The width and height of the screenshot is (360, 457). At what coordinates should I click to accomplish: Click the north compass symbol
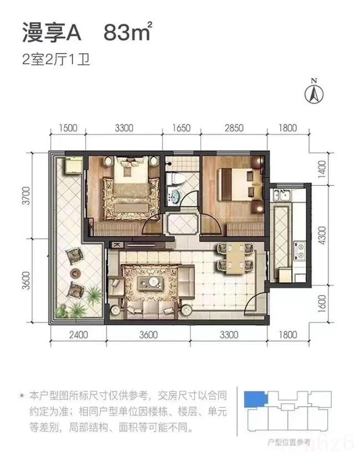[313, 92]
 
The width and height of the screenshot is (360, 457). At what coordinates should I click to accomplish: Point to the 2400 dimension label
[78, 334]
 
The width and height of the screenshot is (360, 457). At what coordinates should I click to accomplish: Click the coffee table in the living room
[151, 283]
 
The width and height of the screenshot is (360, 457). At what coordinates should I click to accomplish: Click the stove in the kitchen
[300, 250]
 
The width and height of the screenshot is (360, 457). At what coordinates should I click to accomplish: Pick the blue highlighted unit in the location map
[253, 398]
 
